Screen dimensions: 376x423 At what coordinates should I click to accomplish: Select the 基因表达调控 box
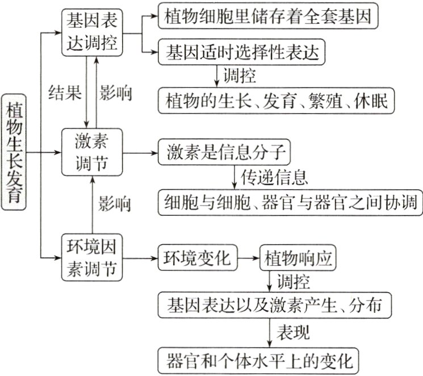coord(93,34)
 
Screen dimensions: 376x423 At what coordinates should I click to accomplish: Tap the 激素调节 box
coord(93,153)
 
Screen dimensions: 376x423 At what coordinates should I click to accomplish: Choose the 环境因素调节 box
coord(93,259)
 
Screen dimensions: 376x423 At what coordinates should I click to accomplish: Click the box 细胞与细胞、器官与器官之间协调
coord(290,201)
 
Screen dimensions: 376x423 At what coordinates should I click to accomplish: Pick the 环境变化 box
coord(197,259)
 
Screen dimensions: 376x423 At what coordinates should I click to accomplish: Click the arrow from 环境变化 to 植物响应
coord(248,259)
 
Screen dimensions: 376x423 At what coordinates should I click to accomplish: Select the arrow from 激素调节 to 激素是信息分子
coord(141,153)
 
